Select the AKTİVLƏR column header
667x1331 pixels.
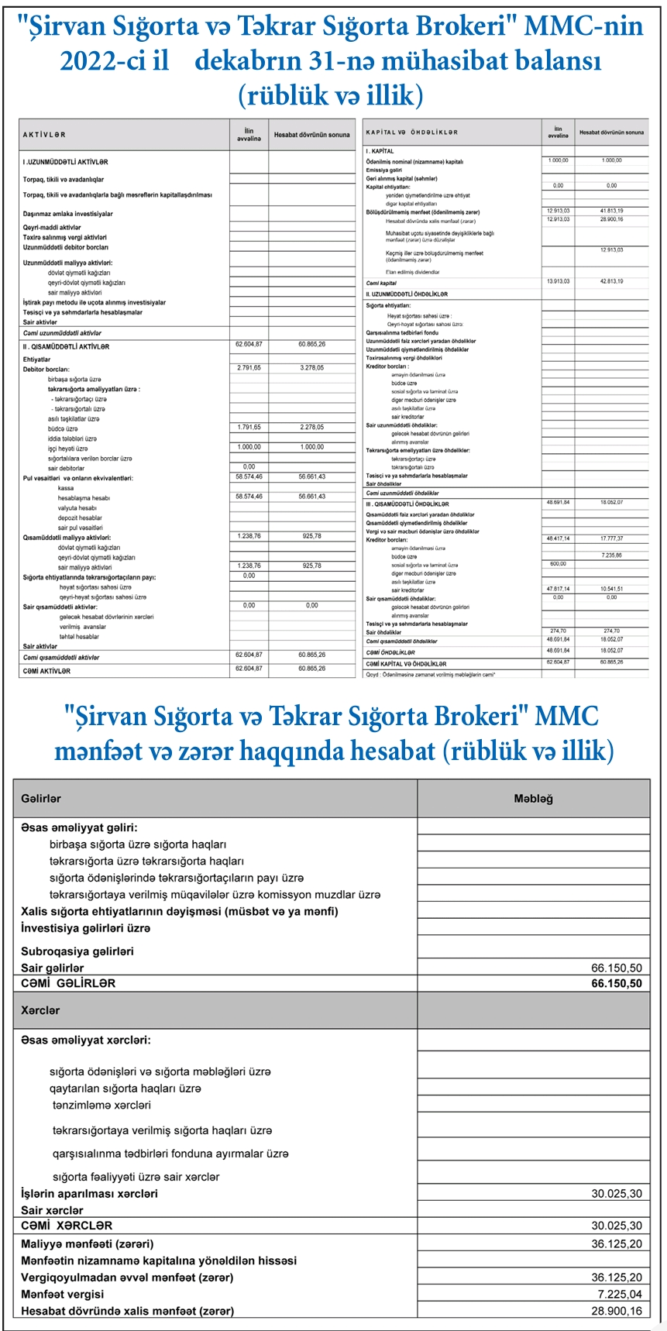[44, 135]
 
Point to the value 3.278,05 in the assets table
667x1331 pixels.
[311, 368]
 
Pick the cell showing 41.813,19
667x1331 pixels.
[611, 211]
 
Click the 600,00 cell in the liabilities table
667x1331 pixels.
[558, 564]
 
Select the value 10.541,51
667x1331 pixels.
[611, 589]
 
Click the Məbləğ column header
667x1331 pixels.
[533, 799]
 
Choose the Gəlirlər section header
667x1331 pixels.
[41, 799]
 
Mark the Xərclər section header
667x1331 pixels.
[40, 1010]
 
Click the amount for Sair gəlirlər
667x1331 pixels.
[617, 968]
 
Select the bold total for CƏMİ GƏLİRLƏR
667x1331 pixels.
[617, 984]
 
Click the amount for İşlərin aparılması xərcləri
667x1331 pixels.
[617, 1194]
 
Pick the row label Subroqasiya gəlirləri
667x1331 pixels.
[77, 951]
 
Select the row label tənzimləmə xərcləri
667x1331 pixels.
[101, 1106]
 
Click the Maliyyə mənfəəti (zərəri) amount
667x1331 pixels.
[617, 1244]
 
